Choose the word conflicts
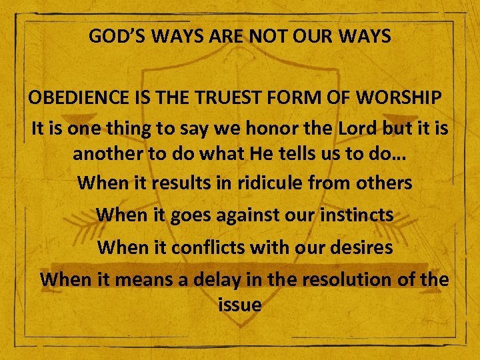pos(208,247)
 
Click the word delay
pos(217,279)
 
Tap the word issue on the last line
pos(239,305)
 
